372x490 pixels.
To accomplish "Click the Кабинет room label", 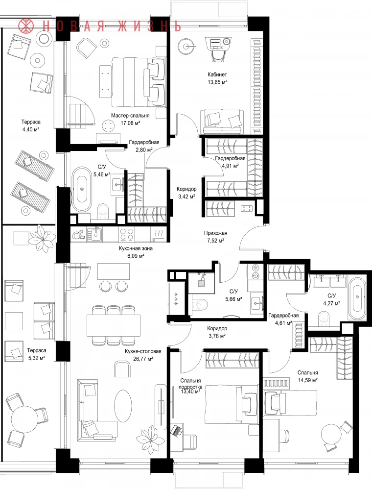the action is pos(217,74).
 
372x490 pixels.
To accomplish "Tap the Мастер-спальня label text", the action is pos(130,116).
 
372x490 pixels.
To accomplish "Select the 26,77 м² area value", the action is pos(143,359).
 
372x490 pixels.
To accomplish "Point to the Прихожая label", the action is pos(216,233).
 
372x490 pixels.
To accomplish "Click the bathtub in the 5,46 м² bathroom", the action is pos(82,189).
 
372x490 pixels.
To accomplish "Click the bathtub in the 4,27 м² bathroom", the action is pos(357,299).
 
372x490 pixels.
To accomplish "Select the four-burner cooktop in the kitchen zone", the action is pos(127,234).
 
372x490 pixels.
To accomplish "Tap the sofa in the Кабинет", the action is pos(223,121).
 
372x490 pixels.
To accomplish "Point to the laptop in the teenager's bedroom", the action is pos(177,430).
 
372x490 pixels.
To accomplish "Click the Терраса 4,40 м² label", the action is pos(30,125).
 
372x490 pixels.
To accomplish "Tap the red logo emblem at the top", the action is pos(25,25).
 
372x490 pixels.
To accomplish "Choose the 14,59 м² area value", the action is pos(308,380).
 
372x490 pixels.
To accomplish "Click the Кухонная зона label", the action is pos(136,249).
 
